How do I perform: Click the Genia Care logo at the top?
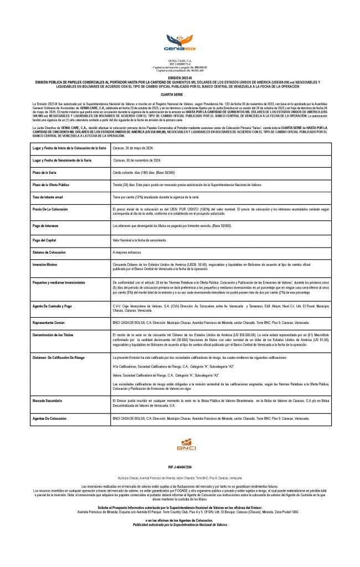coord(180,42)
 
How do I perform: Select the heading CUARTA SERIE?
coord(180,95)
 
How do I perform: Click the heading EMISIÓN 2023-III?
coord(180,78)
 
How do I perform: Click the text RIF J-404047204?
coord(180,467)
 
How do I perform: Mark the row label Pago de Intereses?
coord(46,226)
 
